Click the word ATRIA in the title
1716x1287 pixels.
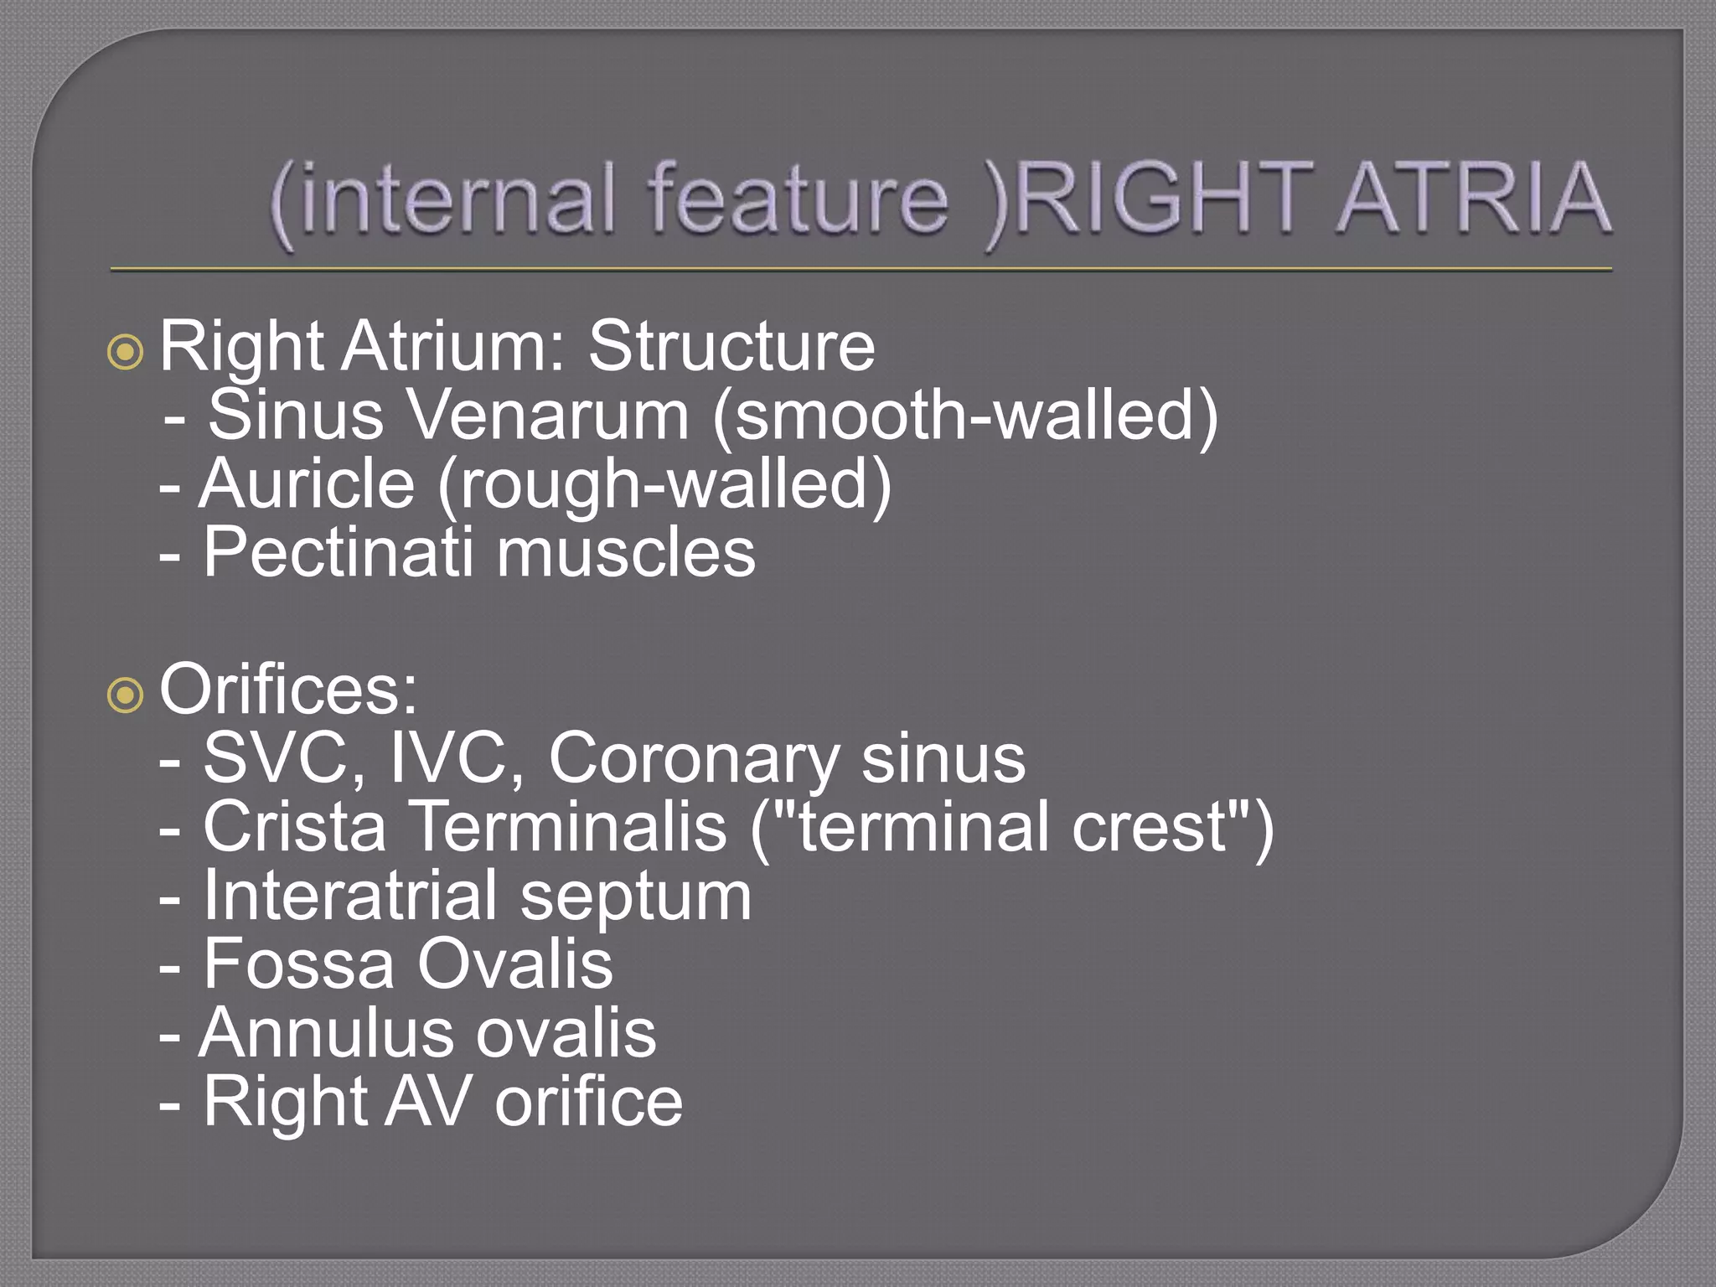1472,199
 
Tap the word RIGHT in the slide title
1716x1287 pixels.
1166,199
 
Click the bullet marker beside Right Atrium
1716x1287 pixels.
126,352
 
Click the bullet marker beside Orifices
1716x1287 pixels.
126,695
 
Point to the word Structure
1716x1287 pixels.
731,345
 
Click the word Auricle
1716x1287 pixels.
307,483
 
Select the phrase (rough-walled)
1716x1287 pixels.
664,485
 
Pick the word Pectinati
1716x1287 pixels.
338,552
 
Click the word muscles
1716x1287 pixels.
626,552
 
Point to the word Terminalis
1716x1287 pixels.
571,827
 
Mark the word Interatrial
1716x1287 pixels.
350,895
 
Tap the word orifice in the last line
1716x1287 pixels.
588,1101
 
